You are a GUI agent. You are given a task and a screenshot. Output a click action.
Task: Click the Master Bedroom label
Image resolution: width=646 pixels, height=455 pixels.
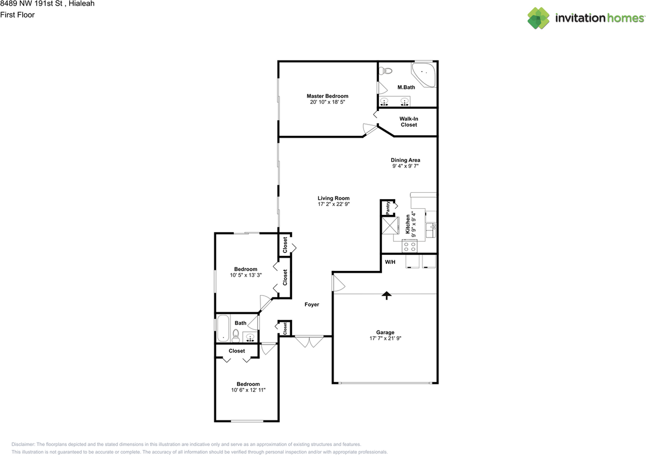[328, 96]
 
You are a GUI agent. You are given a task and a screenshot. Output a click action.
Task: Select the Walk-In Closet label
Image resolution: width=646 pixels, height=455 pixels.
[409, 122]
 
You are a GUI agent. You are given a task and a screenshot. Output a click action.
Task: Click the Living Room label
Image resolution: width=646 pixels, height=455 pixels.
[333, 198]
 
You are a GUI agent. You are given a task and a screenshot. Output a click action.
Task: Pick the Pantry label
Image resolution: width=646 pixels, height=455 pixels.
[388, 207]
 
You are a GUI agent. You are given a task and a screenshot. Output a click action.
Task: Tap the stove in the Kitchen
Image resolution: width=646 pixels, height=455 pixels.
[410, 246]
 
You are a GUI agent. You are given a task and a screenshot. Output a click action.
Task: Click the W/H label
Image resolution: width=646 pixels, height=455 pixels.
[390, 262]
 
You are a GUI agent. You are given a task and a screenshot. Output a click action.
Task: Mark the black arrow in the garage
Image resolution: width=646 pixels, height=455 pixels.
[387, 296]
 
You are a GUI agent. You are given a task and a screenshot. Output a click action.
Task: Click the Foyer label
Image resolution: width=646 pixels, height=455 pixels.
[311, 305]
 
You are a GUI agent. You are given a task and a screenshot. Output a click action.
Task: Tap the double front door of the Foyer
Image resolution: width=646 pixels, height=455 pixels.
[309, 342]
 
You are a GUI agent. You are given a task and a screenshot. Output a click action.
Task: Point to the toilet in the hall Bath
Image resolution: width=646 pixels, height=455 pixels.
[236, 335]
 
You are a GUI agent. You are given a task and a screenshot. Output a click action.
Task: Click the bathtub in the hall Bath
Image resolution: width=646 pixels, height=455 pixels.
[223, 328]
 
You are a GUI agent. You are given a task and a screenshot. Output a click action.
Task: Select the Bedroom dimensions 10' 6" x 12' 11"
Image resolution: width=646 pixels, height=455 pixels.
[248, 390]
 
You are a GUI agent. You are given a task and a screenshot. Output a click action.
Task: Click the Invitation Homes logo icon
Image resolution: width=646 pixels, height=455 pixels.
[539, 18]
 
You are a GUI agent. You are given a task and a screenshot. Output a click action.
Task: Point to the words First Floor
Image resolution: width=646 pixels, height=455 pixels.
[17, 15]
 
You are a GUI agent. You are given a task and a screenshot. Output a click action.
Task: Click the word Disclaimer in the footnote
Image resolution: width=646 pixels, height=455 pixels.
[23, 444]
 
